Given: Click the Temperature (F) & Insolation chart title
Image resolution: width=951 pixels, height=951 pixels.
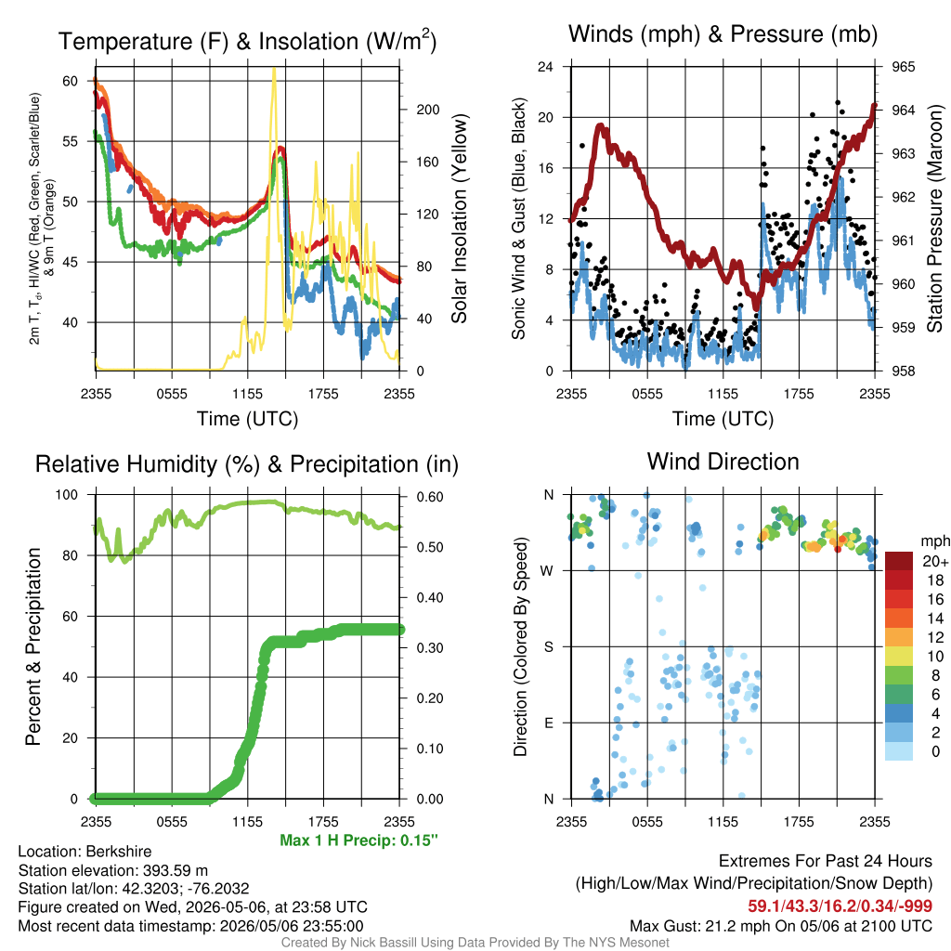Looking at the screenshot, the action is click(247, 41).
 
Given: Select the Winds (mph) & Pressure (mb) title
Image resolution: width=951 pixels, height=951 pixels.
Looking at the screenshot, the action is click(723, 34).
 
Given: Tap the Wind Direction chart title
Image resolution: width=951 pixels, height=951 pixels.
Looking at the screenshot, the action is click(723, 462).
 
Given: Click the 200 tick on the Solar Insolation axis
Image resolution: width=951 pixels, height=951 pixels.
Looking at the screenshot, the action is click(428, 110).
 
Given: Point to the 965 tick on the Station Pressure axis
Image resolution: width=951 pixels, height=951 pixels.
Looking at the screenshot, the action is click(903, 67).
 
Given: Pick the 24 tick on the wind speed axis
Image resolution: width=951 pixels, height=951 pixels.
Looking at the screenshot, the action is click(545, 67).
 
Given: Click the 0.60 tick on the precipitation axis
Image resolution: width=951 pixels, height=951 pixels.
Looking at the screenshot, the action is click(430, 497).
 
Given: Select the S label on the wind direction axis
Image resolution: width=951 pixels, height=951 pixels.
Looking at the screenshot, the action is click(548, 647).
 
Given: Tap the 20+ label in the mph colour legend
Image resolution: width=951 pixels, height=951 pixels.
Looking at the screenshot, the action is click(935, 562).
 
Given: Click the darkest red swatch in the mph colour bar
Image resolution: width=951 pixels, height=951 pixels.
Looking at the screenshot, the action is click(899, 561).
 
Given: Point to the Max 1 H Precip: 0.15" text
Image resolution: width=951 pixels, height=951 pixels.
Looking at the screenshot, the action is click(358, 840).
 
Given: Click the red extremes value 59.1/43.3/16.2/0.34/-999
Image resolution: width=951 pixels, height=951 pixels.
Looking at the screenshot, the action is click(840, 906).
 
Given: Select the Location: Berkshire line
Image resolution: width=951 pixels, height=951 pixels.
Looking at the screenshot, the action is click(85, 852).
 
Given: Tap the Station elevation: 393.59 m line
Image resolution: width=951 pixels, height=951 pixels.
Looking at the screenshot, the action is click(112, 870).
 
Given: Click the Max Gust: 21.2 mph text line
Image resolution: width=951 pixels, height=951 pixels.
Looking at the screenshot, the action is click(780, 926).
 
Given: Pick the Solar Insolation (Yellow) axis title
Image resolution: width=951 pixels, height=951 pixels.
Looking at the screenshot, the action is click(460, 218).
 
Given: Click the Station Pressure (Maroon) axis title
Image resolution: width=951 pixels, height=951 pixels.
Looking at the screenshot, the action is click(934, 218).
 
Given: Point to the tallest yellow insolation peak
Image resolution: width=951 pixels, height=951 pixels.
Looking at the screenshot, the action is click(274, 71).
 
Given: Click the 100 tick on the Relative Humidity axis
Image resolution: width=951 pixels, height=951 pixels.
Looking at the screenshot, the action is click(67, 495).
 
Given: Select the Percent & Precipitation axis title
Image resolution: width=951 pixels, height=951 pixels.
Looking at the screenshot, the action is click(33, 646).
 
